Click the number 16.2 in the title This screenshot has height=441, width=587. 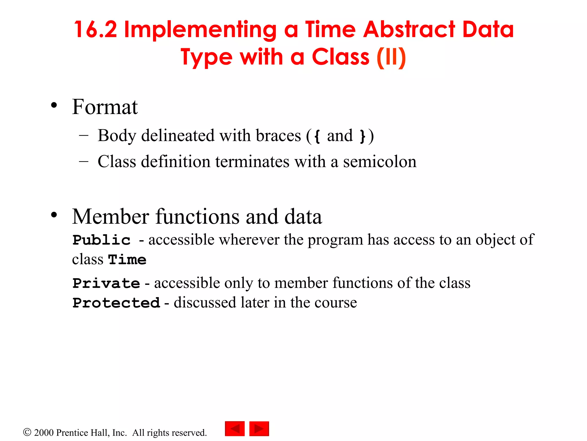coord(95,30)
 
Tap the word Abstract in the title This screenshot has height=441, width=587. coord(409,30)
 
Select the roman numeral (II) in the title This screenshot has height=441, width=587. coord(391,57)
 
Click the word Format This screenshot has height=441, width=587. coord(105,107)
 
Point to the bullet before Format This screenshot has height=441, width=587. coord(54,105)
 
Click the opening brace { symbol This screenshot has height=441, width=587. coord(317,136)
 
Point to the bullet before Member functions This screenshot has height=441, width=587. coord(54,215)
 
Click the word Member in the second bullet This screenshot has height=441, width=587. coord(110,216)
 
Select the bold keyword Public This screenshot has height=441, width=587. coord(101,240)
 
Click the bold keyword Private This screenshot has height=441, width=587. coord(106,283)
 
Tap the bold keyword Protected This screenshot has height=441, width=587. coord(116,303)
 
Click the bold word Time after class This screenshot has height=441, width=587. coord(127,260)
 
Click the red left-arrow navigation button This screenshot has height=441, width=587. coord(235,429)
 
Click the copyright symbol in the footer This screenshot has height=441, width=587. coord(27,432)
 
